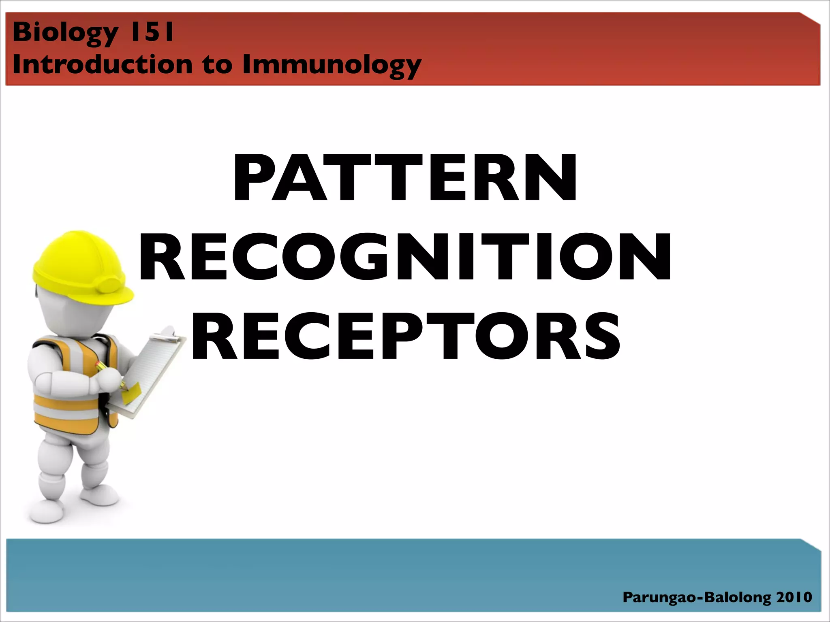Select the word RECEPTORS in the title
click(x=405, y=336)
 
